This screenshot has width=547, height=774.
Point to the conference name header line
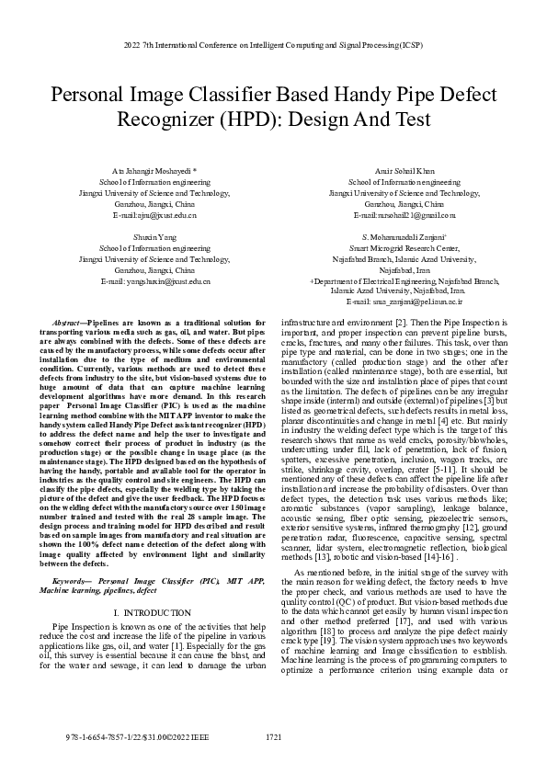pyautogui.click(x=273, y=44)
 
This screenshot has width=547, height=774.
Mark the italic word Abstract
pyautogui.click(x=68, y=325)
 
